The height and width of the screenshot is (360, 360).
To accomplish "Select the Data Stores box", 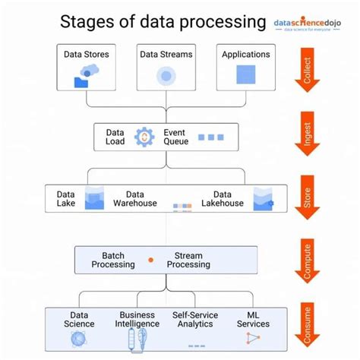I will [x=87, y=68].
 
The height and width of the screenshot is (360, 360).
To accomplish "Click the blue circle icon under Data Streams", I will [x=166, y=76].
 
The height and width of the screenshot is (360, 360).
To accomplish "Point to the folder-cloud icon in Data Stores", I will [x=86, y=77].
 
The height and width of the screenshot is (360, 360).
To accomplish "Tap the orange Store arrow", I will [x=307, y=199].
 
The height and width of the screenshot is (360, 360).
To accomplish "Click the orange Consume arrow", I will [x=307, y=325].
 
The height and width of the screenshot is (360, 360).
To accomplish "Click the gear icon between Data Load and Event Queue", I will [x=143, y=137].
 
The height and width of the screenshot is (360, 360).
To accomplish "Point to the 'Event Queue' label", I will [x=175, y=137].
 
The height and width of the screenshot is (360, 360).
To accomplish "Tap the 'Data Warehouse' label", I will [x=135, y=199].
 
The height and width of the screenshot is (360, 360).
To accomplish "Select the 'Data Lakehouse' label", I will [x=222, y=199].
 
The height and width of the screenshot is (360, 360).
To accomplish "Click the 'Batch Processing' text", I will [x=112, y=261].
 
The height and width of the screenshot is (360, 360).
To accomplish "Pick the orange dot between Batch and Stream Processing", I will [x=150, y=261].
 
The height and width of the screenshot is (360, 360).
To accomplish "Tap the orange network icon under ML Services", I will [x=252, y=338].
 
